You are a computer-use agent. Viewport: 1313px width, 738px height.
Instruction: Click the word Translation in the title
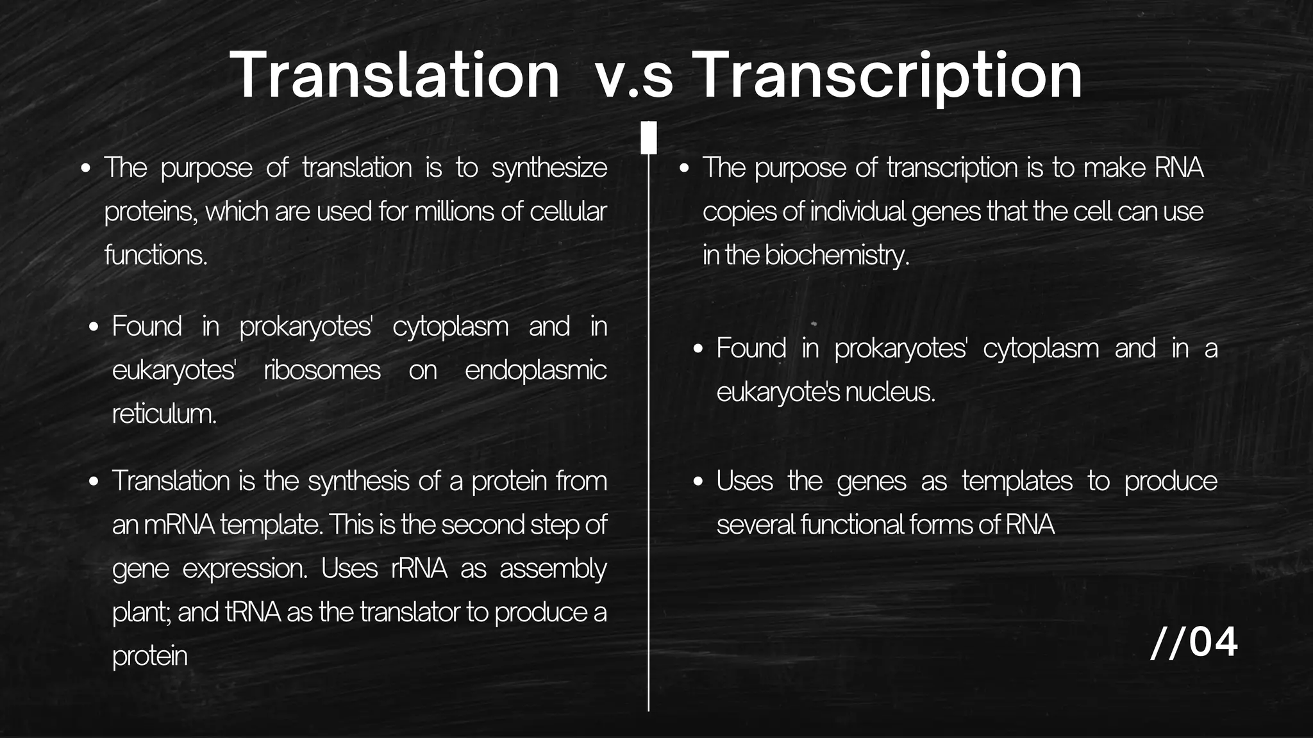394,76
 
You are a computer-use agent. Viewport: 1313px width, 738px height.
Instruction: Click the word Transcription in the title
888,76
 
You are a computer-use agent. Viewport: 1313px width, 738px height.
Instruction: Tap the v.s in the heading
633,78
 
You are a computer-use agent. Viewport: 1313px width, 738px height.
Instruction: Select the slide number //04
1194,643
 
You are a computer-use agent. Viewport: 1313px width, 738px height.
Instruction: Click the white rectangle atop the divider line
649,138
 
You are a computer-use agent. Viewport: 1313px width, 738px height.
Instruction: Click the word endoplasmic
535,371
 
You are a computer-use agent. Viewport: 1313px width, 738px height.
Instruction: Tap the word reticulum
164,414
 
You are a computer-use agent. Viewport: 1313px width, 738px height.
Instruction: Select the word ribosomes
322,371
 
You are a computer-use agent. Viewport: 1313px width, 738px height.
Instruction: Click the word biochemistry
837,256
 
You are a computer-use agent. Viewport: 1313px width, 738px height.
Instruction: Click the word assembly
553,569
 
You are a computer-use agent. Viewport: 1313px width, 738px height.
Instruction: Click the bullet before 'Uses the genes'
698,482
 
